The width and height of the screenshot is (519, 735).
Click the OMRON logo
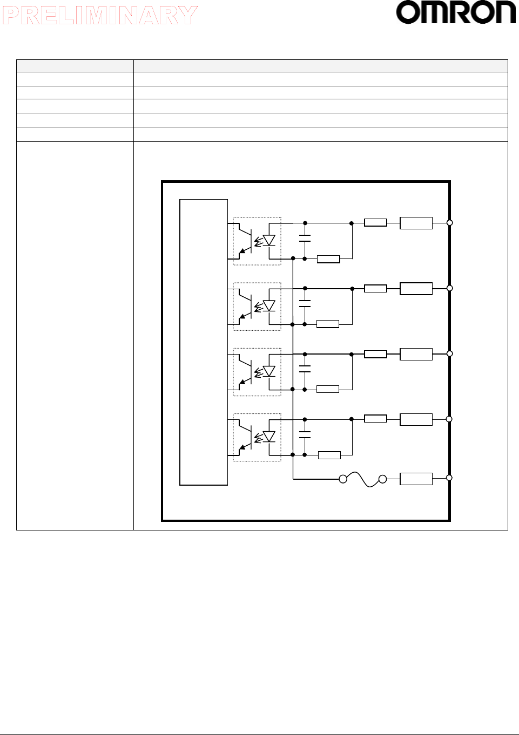[x=456, y=13]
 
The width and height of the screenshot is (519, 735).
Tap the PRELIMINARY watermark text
[x=100, y=16]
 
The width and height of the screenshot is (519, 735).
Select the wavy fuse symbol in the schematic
[x=363, y=479]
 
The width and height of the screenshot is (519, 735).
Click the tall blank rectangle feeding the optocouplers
[x=204, y=342]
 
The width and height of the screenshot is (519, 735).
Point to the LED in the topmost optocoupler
[x=268, y=240]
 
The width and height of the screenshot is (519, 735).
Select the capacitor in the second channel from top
[x=305, y=304]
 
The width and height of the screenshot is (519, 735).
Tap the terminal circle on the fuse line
[x=449, y=478]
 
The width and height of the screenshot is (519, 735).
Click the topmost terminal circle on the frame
[x=449, y=222]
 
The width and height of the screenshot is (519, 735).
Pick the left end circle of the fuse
[x=343, y=479]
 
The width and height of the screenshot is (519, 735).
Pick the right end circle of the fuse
[x=383, y=479]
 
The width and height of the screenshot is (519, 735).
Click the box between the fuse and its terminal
[x=416, y=479]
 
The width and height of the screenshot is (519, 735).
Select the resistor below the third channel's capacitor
[x=328, y=389]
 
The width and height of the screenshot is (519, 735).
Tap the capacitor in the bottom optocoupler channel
[x=305, y=434]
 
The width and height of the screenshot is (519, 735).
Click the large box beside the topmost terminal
[x=416, y=223]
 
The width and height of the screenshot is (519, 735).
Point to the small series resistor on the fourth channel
[x=375, y=419]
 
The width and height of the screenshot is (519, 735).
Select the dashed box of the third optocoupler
[x=257, y=372]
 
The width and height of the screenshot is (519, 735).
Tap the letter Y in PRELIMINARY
[x=187, y=16]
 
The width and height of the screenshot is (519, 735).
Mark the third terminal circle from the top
[x=449, y=353]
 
